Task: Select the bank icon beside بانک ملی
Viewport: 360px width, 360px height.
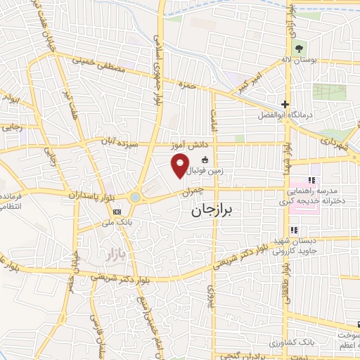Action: click(117, 211)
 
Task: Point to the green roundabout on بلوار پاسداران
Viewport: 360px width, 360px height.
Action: click(136, 198)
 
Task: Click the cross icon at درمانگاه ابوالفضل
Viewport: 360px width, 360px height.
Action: click(284, 103)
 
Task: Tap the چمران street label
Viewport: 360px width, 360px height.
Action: click(192, 190)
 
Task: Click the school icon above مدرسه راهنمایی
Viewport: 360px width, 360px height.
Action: click(310, 181)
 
